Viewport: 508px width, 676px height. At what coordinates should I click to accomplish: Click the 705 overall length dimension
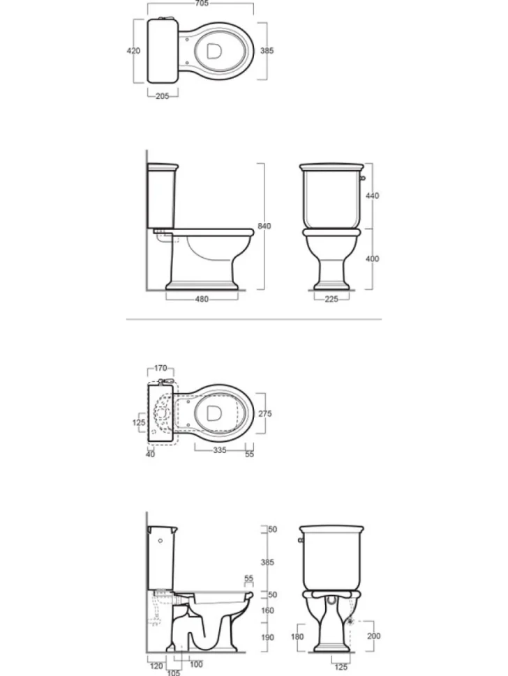[202, 3]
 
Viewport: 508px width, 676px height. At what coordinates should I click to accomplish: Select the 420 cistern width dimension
[133, 50]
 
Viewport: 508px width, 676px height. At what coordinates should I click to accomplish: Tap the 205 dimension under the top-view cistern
[163, 96]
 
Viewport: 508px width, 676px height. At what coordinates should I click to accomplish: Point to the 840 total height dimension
[264, 226]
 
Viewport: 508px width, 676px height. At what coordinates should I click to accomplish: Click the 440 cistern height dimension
[372, 196]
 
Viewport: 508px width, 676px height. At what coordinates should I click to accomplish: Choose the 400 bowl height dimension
[372, 259]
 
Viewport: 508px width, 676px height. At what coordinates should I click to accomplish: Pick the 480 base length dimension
[202, 299]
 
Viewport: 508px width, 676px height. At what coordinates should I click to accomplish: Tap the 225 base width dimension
[331, 299]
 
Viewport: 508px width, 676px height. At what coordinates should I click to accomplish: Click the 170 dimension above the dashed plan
[160, 369]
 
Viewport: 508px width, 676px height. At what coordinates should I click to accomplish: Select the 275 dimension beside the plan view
[265, 413]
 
